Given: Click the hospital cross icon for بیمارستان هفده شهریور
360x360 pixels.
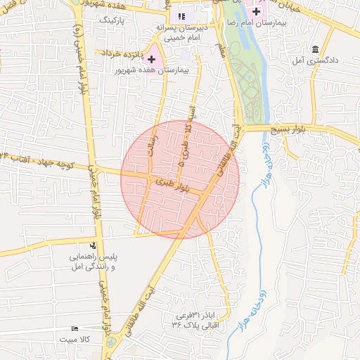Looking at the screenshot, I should click(151, 59).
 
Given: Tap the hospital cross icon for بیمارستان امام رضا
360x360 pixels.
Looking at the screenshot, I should click(256, 11).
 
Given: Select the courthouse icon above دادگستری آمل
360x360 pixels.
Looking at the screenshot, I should click(314, 50).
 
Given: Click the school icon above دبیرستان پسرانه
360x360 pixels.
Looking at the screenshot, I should click(182, 16).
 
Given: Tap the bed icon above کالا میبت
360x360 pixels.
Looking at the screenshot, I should click(75, 328).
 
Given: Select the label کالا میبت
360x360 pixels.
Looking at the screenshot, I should click(75, 340).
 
